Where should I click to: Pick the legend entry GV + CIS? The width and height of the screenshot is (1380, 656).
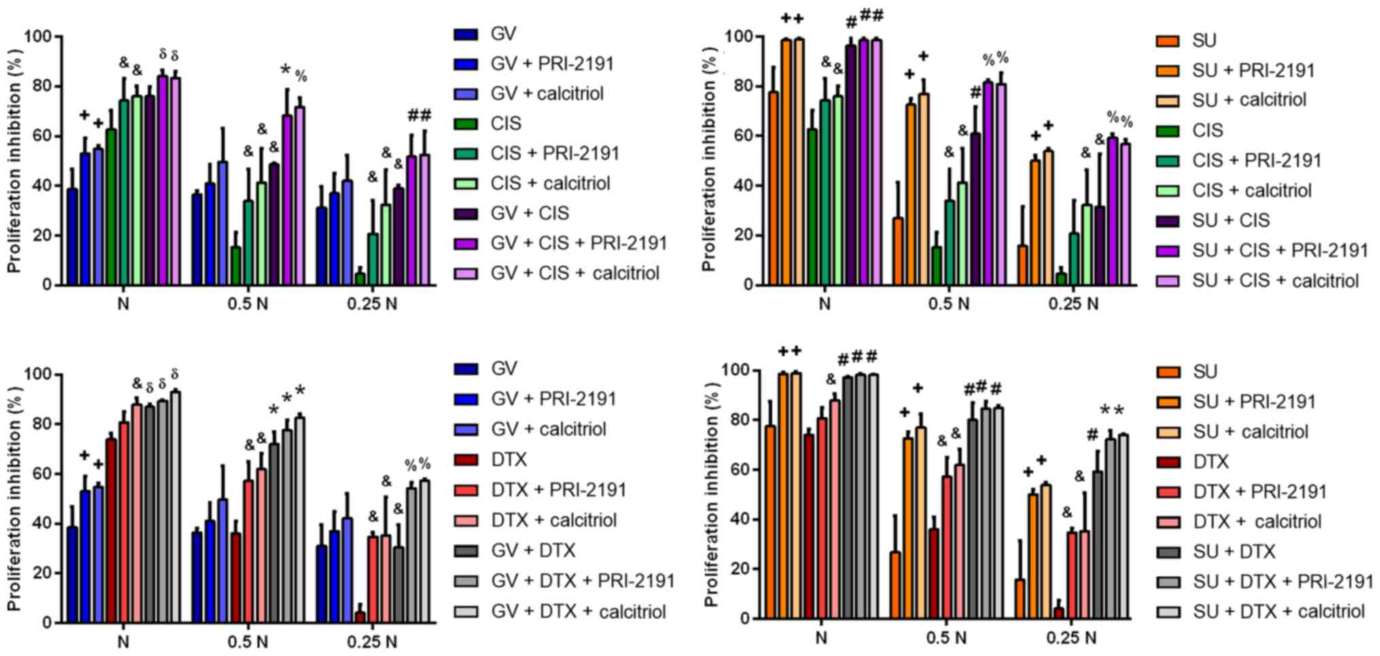pyautogui.click(x=530, y=213)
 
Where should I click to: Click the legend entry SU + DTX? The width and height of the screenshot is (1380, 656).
pyautogui.click(x=1234, y=551)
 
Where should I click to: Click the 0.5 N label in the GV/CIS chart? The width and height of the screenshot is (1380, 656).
pyautogui.click(x=248, y=304)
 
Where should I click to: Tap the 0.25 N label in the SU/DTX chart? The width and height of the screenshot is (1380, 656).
pyautogui.click(x=1072, y=638)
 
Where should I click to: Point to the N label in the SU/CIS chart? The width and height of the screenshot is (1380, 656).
pyautogui.click(x=824, y=304)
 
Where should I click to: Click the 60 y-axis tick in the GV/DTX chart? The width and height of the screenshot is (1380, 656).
pyautogui.click(x=35, y=474)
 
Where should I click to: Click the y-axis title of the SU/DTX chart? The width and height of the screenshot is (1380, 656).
pyautogui.click(x=711, y=492)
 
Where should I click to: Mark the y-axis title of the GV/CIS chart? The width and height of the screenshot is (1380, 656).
pyautogui.click(x=14, y=160)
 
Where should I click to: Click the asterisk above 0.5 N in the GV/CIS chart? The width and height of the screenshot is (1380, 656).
pyautogui.click(x=285, y=70)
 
